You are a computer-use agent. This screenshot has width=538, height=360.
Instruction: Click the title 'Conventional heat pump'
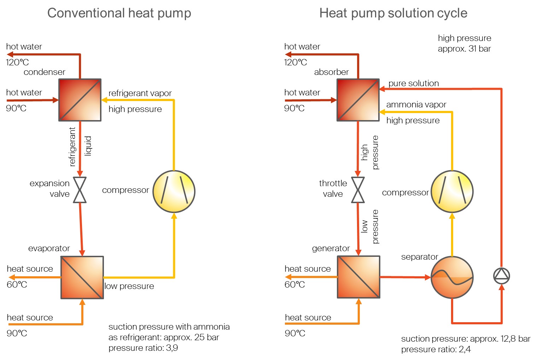coord(119,13)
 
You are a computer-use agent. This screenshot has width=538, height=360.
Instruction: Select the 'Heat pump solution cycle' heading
coord(393,13)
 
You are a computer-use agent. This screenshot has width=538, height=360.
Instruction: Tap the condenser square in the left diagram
coord(80,100)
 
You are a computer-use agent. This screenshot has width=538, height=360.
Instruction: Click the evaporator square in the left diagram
coord(82,277)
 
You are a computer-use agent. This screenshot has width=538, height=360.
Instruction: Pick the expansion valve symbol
coord(80,190)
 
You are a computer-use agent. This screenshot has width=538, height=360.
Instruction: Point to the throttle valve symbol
coord(358,190)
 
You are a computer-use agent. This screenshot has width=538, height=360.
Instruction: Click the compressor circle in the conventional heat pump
coord(174,191)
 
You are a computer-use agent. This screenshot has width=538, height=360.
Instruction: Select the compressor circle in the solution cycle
coord(452,191)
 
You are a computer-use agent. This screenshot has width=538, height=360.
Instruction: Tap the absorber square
coord(358,100)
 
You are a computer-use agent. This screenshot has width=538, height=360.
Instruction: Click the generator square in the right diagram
coord(358,277)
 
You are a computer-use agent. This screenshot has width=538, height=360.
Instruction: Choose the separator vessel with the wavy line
coord(452,277)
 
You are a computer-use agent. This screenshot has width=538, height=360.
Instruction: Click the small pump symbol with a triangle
coord(501,276)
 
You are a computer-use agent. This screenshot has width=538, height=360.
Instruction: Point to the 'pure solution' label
coord(414,83)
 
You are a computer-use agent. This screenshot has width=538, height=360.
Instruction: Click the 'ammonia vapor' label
coord(416,105)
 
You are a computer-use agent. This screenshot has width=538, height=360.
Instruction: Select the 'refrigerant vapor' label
coord(140,93)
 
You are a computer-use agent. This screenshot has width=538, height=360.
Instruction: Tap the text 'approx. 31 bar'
coord(464,49)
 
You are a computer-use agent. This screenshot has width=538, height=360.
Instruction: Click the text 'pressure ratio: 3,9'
coord(143,348)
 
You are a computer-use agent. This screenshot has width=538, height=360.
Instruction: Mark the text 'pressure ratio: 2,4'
coord(436,349)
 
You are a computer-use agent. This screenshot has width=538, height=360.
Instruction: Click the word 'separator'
coord(420,257)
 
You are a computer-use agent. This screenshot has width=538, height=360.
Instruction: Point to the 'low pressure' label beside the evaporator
coord(129,286)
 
